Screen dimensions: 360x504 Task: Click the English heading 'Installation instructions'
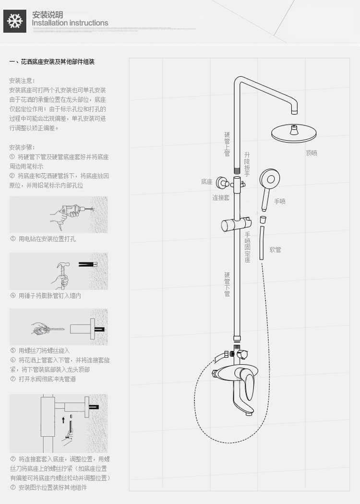[70, 23]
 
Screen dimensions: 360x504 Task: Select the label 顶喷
[312, 154]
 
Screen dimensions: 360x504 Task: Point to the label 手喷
[280, 202]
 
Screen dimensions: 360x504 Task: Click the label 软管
[275, 250]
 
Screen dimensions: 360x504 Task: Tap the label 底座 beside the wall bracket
[206, 182]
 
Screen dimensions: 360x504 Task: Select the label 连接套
[221, 198]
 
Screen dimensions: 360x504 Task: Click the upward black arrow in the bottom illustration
[63, 420]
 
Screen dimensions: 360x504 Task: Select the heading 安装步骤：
[22, 147]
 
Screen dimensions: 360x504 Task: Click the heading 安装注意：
[22, 81]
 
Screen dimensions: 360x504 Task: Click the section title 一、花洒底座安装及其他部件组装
[52, 62]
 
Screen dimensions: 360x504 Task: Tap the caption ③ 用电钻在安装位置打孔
[43, 239]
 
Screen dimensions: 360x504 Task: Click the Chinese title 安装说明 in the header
[47, 14]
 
